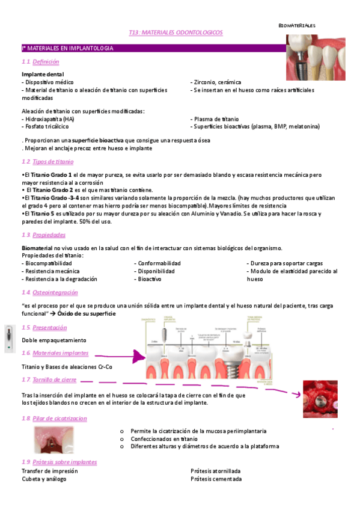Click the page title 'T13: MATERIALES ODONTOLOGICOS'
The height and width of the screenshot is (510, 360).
pos(175,32)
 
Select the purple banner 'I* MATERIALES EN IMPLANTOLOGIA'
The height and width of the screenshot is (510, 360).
pos(67,48)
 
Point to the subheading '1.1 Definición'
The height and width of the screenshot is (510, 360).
pos(40,62)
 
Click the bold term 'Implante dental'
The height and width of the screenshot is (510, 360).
pos(43,74)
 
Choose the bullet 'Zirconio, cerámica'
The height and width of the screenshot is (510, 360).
pos(216,82)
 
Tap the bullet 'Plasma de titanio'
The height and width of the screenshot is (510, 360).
pos(216,119)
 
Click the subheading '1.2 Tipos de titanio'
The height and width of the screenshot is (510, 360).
pos(47,162)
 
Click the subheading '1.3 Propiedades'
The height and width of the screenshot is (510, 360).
pos(43,235)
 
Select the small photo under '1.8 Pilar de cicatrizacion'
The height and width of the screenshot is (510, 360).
pos(54,440)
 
